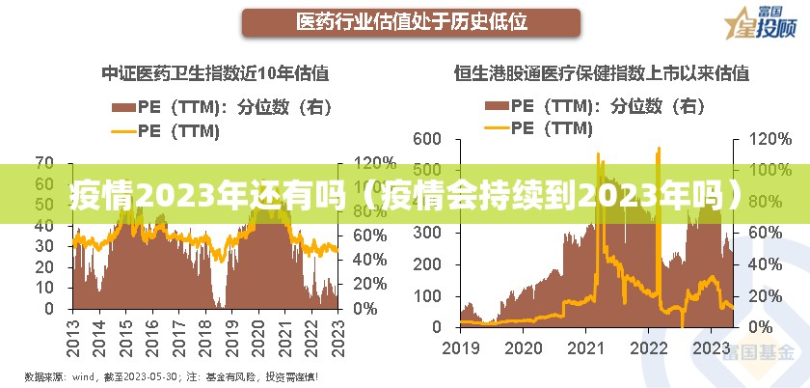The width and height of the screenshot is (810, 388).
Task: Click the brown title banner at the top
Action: (411, 21)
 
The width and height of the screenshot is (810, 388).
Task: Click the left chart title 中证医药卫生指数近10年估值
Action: (215, 72)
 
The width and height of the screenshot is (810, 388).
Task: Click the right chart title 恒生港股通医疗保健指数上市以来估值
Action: (601, 72)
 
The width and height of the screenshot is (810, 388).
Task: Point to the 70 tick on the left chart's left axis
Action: (45, 161)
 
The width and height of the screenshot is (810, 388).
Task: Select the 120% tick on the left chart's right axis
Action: (373, 161)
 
